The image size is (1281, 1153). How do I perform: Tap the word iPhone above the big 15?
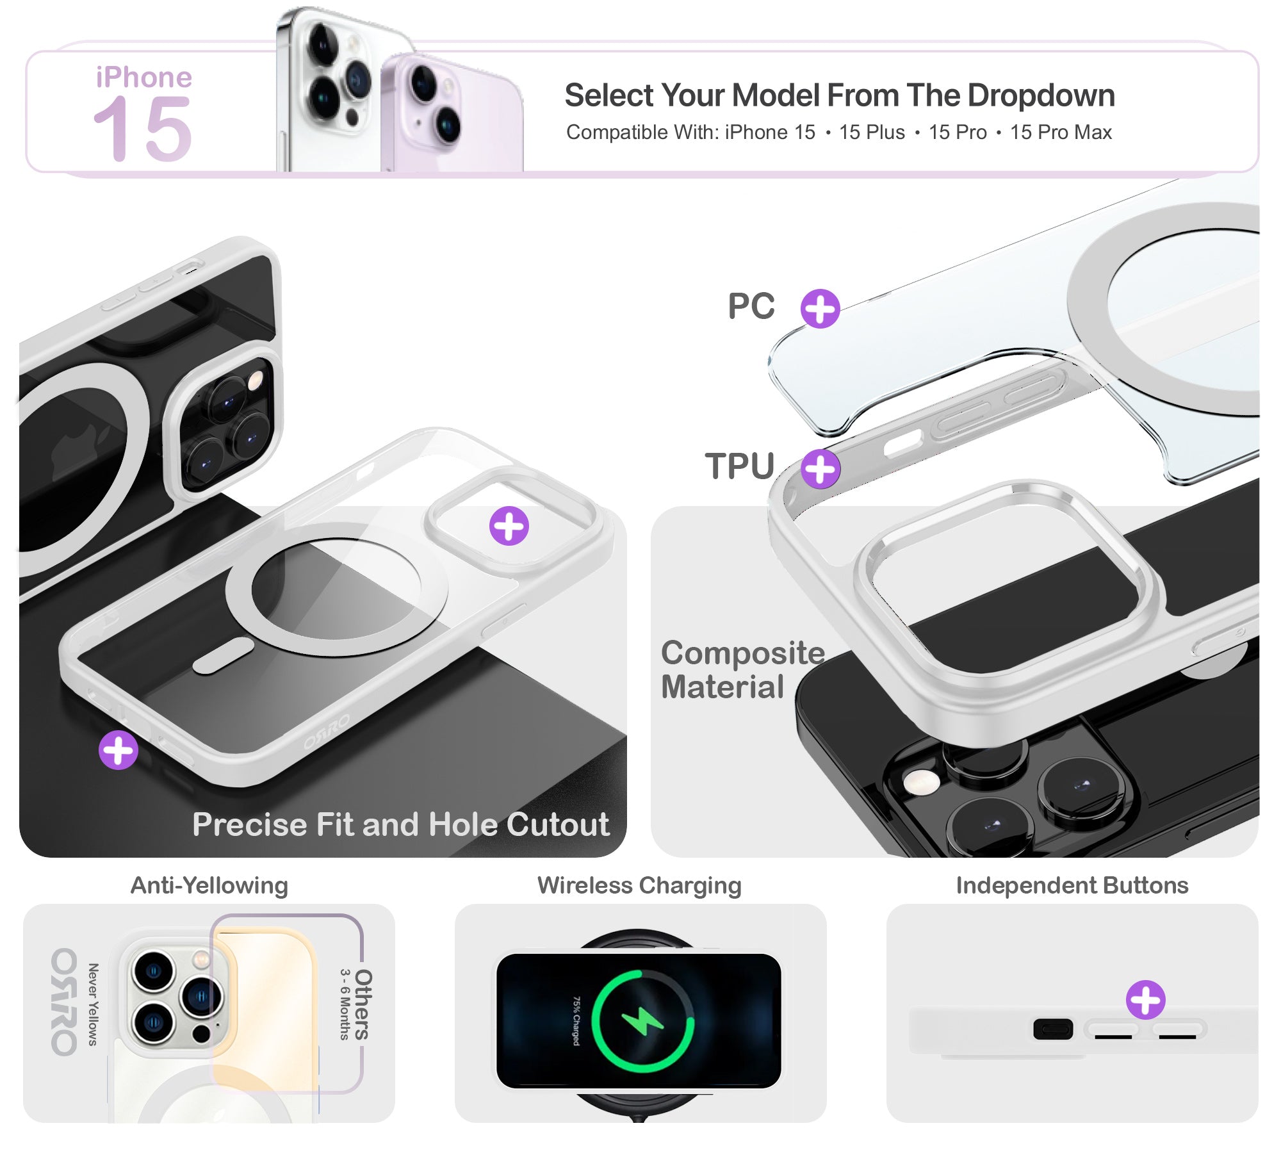pyautogui.click(x=144, y=77)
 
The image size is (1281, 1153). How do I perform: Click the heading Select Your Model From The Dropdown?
pyautogui.click(x=840, y=95)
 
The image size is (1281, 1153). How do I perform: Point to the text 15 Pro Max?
pyautogui.click(x=1061, y=132)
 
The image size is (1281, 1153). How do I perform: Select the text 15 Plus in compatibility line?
pyautogui.click(x=872, y=132)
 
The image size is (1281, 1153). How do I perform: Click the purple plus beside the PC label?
pyautogui.click(x=820, y=309)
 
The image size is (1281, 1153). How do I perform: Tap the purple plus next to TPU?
pyautogui.click(x=820, y=469)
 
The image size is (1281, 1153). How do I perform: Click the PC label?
pyautogui.click(x=751, y=306)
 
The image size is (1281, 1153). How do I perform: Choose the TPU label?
pyautogui.click(x=740, y=466)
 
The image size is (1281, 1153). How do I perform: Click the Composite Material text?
pyautogui.click(x=742, y=669)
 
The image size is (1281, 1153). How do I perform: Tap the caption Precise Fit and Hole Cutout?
pyautogui.click(x=401, y=824)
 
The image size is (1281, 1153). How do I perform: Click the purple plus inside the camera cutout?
pyautogui.click(x=509, y=526)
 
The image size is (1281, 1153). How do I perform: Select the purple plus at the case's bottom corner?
pyautogui.click(x=118, y=750)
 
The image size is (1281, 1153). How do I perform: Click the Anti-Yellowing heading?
pyautogui.click(x=209, y=885)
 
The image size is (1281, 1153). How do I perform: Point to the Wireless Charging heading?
pyautogui.click(x=639, y=885)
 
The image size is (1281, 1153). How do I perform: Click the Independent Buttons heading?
pyautogui.click(x=1072, y=885)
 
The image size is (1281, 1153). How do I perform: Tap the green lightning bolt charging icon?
pyautogui.click(x=642, y=1021)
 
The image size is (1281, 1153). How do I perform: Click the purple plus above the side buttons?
pyautogui.click(x=1145, y=1000)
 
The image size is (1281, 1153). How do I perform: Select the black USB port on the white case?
pyautogui.click(x=1053, y=1029)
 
